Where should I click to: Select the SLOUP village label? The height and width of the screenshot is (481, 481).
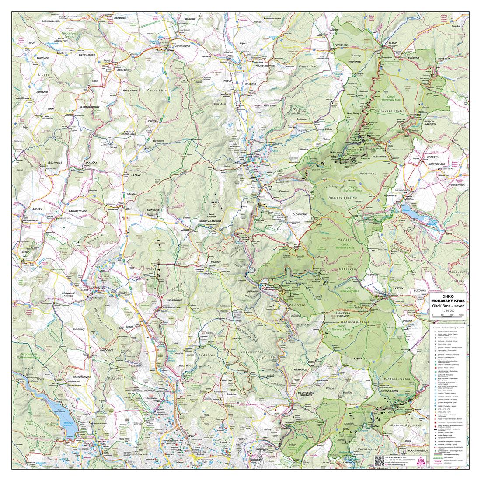(380, 44)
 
